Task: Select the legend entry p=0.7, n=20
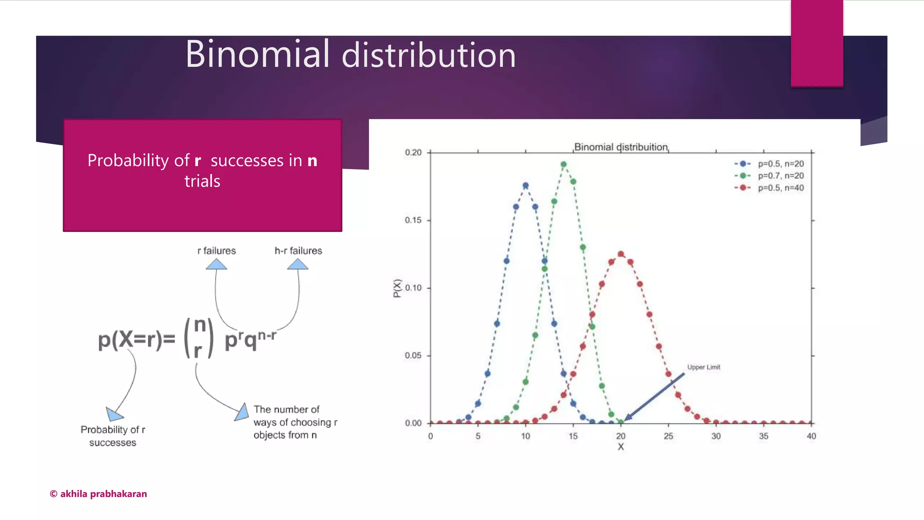pyautogui.click(x=780, y=176)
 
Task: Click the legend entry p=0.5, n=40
pyautogui.click(x=780, y=188)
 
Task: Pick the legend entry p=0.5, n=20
pyautogui.click(x=780, y=164)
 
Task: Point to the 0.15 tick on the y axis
pyautogui.click(x=413, y=220)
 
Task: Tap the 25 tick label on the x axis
pyautogui.click(x=668, y=436)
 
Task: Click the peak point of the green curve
pyautogui.click(x=564, y=165)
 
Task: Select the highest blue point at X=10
pyautogui.click(x=526, y=186)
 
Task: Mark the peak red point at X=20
pyautogui.click(x=621, y=254)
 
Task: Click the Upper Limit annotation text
pyautogui.click(x=703, y=367)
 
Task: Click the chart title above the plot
pyautogui.click(x=621, y=147)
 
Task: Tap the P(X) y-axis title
pyautogui.click(x=397, y=288)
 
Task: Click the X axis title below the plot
pyautogui.click(x=621, y=447)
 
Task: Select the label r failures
pyautogui.click(x=217, y=251)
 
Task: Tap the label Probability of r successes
pyautogui.click(x=113, y=436)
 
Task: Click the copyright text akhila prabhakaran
pyautogui.click(x=98, y=494)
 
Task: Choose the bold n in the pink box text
pyautogui.click(x=312, y=161)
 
